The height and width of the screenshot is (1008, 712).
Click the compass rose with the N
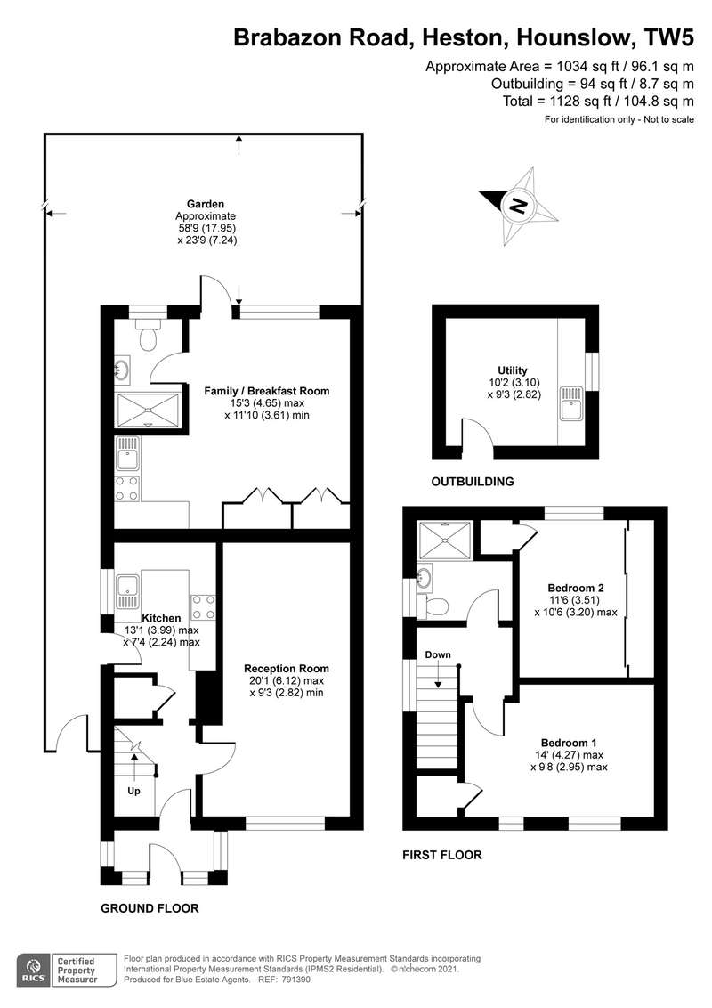click(x=518, y=205)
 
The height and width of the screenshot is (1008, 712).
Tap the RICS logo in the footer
click(x=35, y=971)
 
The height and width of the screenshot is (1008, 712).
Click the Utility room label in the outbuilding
click(x=512, y=370)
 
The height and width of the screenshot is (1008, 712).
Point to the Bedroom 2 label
click(x=576, y=588)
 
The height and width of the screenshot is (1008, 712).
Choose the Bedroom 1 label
click(x=569, y=743)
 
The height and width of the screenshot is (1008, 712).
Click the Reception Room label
click(x=287, y=669)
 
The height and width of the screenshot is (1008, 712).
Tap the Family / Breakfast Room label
click(x=267, y=391)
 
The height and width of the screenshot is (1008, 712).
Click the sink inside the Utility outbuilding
click(x=570, y=402)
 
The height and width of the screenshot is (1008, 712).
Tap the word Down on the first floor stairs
click(x=438, y=655)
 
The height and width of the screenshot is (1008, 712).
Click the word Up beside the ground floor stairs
click(x=133, y=791)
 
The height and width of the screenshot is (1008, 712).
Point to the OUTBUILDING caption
click(x=473, y=482)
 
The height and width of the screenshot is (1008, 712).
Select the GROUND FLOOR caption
click(x=150, y=908)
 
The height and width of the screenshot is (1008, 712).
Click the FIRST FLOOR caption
click(x=442, y=855)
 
